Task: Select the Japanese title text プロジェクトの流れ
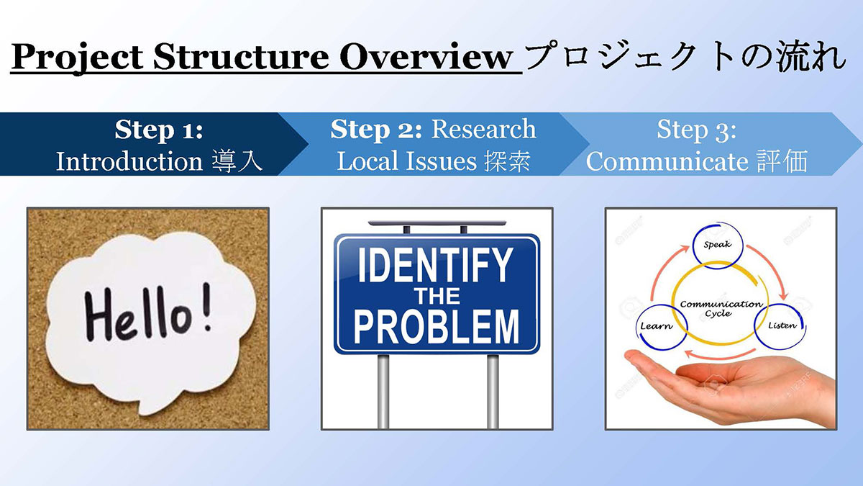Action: pyautogui.click(x=685, y=57)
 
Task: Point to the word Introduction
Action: pyautogui.click(x=129, y=161)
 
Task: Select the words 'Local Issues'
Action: pyautogui.click(x=406, y=161)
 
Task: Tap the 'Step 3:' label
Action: pyautogui.click(x=697, y=130)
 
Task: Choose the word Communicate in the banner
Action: pyautogui.click(x=667, y=161)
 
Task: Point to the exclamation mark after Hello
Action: pyautogui.click(x=207, y=308)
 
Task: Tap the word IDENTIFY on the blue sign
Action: pyautogui.click(x=436, y=266)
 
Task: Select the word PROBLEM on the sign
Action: pyautogui.click(x=437, y=327)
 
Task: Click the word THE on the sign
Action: pyautogui.click(x=437, y=296)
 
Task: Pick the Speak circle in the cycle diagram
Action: pyautogui.click(x=718, y=245)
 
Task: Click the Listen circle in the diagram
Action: pyautogui.click(x=781, y=326)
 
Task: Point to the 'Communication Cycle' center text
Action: pyautogui.click(x=721, y=309)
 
